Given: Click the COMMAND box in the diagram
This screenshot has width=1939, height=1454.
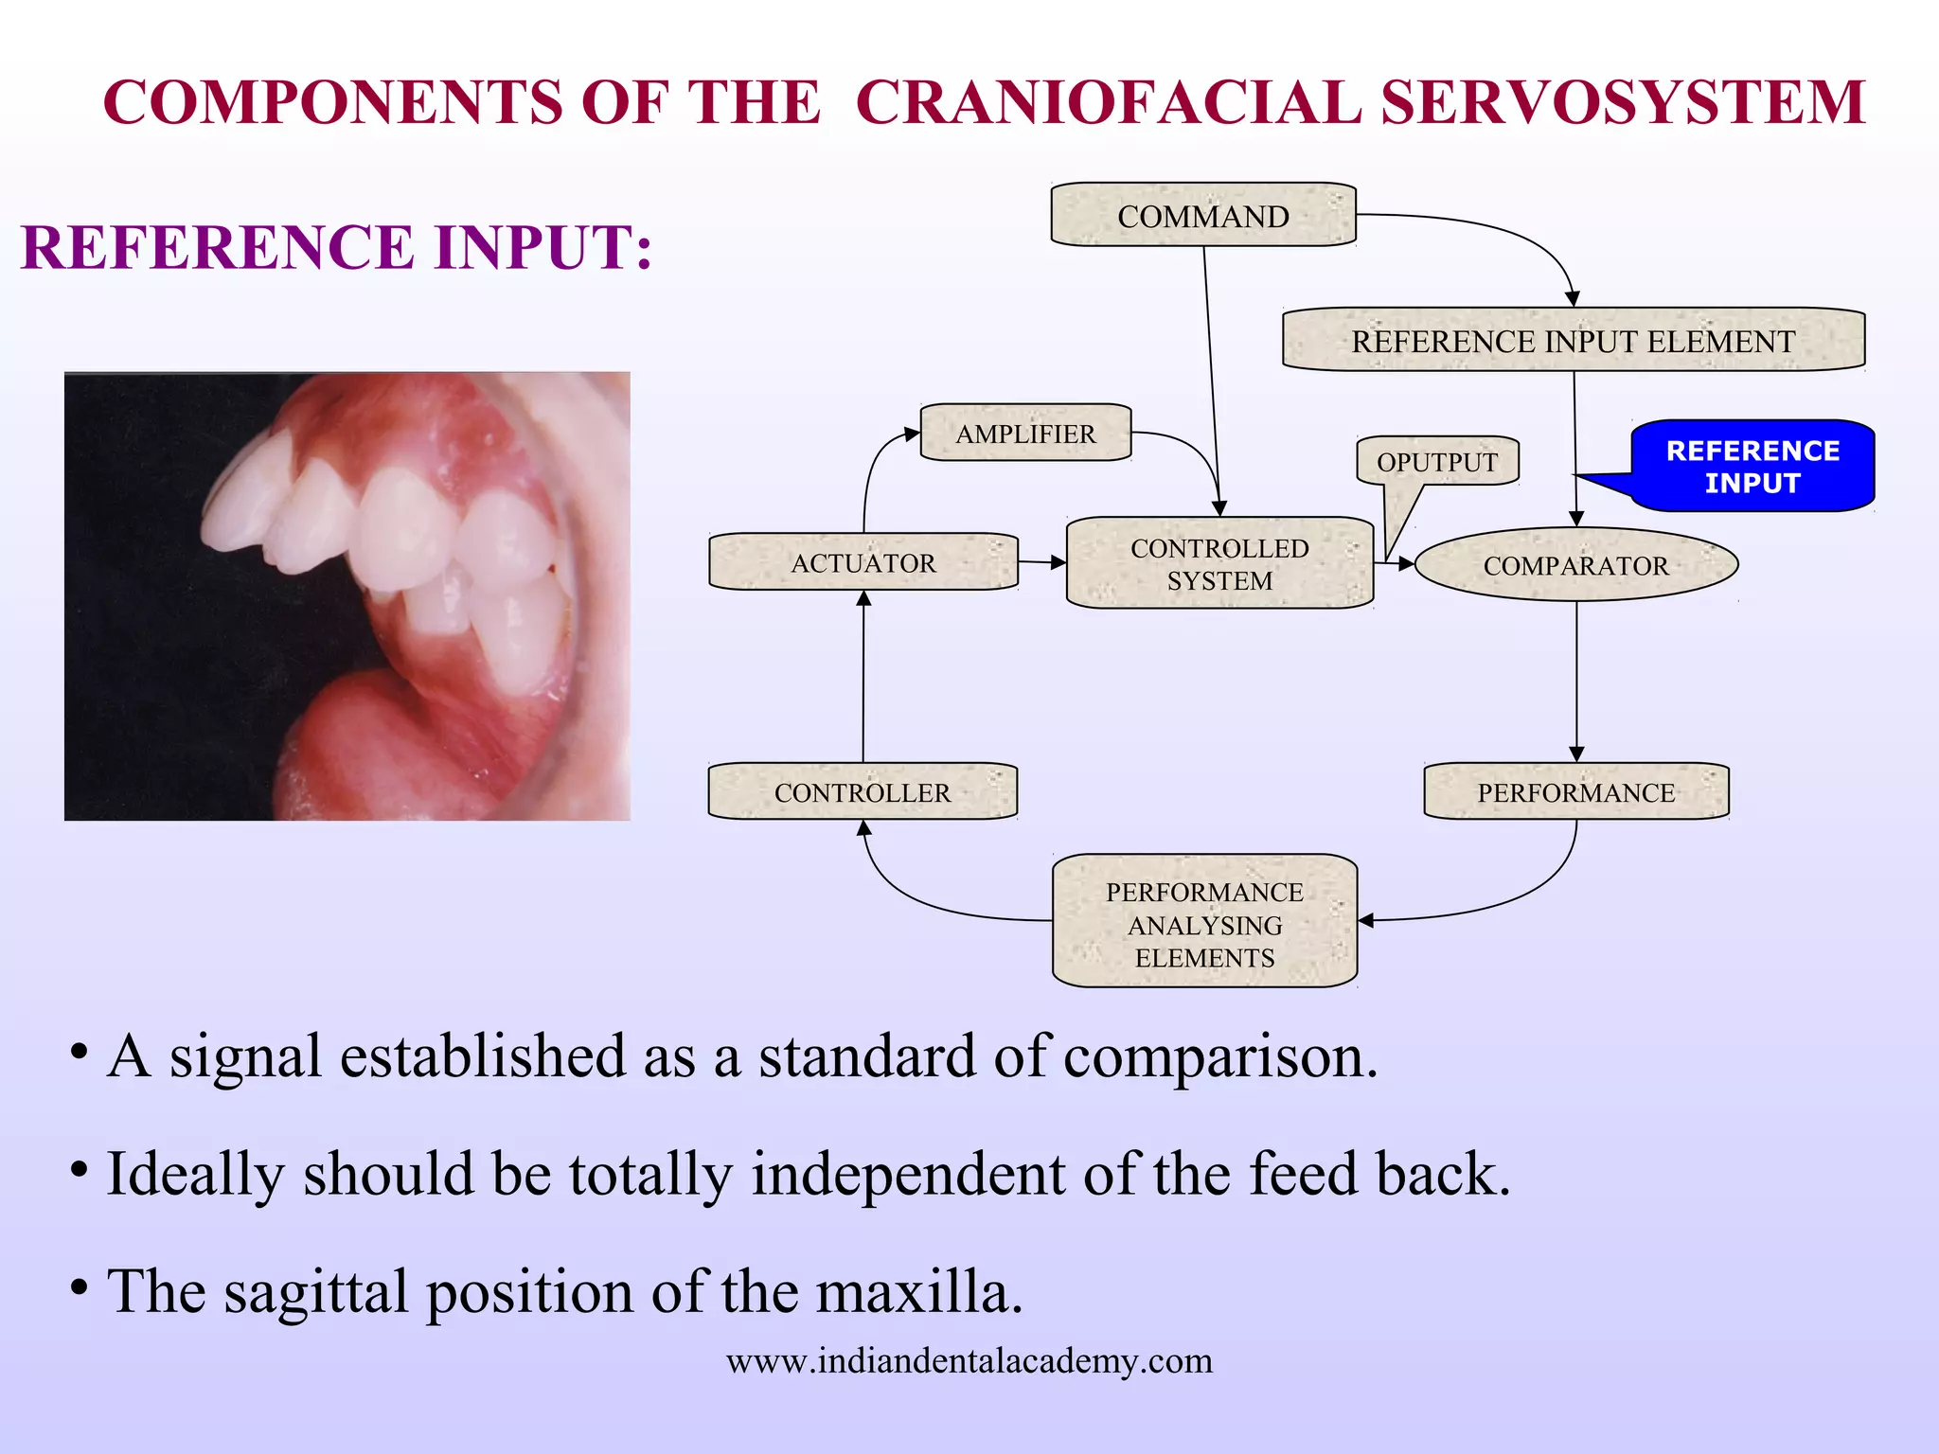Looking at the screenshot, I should (1203, 215).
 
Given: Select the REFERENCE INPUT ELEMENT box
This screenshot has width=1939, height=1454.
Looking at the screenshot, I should (1573, 340).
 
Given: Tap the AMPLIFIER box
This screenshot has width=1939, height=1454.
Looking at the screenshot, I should (1025, 433).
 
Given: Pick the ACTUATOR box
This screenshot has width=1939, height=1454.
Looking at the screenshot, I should (863, 562).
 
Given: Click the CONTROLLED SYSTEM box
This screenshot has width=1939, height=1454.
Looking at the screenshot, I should (1219, 563).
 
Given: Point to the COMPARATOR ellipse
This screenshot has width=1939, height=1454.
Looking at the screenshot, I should (1575, 565).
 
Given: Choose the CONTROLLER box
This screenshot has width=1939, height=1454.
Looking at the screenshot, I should (862, 791).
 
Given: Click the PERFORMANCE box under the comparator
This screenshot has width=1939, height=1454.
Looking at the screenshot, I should (1575, 791).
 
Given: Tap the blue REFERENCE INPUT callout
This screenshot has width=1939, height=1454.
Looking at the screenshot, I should (1752, 466).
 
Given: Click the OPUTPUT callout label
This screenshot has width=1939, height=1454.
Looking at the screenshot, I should (1436, 461).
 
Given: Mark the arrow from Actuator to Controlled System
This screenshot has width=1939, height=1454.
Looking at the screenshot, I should (1041, 562).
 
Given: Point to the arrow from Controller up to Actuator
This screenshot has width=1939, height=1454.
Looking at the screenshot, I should (863, 677).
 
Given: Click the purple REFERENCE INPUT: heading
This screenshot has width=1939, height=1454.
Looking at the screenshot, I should (336, 248).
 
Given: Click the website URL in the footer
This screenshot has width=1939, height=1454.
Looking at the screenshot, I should (969, 1360).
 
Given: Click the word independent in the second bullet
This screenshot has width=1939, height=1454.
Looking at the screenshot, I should (908, 1174).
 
